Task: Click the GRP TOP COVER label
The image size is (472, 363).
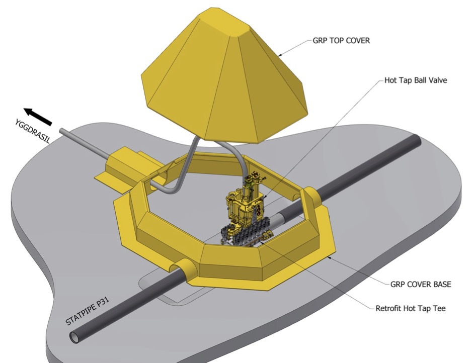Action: tap(341, 40)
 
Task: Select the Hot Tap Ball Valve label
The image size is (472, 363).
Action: tap(416, 80)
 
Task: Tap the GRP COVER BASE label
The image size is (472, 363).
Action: tap(421, 284)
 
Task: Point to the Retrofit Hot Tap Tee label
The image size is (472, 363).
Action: tap(410, 308)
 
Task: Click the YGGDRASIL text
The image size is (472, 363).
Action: tap(32, 131)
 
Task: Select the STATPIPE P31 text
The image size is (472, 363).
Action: tap(87, 311)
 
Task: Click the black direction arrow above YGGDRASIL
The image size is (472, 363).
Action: tap(38, 116)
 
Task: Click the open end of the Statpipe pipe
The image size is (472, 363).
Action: tap(74, 337)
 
